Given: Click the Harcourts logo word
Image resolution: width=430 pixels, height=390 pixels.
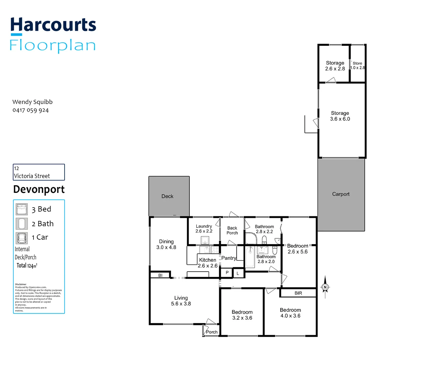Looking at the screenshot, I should [53, 25].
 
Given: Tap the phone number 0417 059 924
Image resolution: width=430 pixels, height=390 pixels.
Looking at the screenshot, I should [31, 110].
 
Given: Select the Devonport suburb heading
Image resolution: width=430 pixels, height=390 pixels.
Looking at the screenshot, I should [39, 189].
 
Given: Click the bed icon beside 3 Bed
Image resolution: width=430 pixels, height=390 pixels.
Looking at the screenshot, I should [22, 209].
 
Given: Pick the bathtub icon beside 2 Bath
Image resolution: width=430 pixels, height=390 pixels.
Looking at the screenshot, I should [22, 224].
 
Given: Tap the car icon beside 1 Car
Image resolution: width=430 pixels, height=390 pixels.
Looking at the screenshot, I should [22, 238].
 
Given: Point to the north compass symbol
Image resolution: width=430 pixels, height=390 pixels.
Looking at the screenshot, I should [325, 287].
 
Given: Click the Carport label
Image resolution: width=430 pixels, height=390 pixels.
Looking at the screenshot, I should [341, 194].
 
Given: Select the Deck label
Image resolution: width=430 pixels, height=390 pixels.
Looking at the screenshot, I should [167, 196].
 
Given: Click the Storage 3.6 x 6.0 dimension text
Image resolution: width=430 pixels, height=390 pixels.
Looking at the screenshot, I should [340, 119].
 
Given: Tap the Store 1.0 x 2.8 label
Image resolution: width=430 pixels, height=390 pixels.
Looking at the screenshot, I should [357, 65].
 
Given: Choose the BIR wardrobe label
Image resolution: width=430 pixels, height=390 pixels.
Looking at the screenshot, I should [298, 293].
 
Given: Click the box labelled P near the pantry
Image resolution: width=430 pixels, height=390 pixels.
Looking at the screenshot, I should [227, 273].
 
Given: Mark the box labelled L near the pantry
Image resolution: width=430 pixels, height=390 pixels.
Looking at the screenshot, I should [238, 274].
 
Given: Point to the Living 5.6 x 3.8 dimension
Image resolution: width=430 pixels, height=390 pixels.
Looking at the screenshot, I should [181, 304].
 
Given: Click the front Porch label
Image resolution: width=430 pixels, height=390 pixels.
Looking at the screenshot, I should [212, 332].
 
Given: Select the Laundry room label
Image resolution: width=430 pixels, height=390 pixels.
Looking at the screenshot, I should [204, 226].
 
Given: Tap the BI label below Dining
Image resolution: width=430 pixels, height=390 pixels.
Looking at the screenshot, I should [160, 276].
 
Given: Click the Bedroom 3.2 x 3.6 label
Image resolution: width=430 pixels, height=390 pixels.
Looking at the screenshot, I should [242, 315].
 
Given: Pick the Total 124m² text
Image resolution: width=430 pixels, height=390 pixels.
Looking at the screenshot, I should [27, 266].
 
